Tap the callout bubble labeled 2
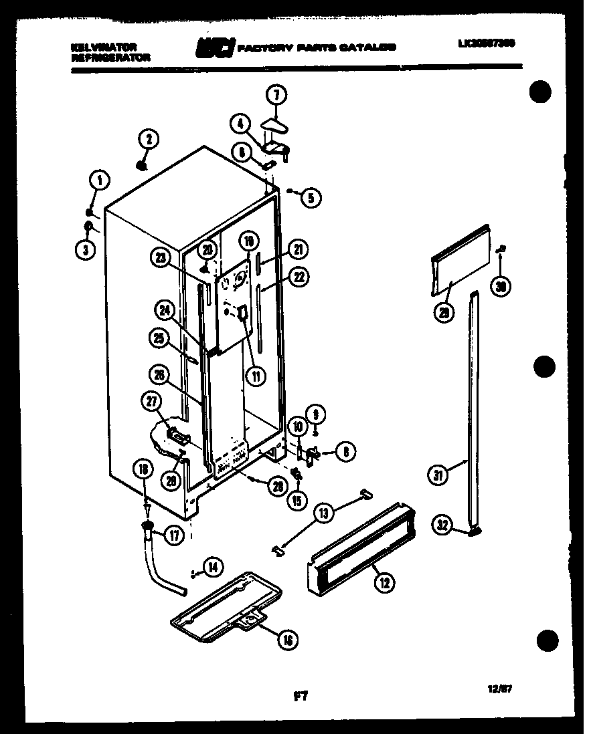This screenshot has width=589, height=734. [148, 139]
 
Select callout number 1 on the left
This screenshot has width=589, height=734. [98, 179]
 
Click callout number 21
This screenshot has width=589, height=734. [299, 250]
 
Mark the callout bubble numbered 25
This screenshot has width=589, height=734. [158, 340]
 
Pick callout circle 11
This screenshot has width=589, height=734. [254, 376]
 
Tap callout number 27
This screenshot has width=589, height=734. [150, 401]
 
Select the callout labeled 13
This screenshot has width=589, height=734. [323, 513]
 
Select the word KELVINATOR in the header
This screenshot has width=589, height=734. [103, 47]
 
